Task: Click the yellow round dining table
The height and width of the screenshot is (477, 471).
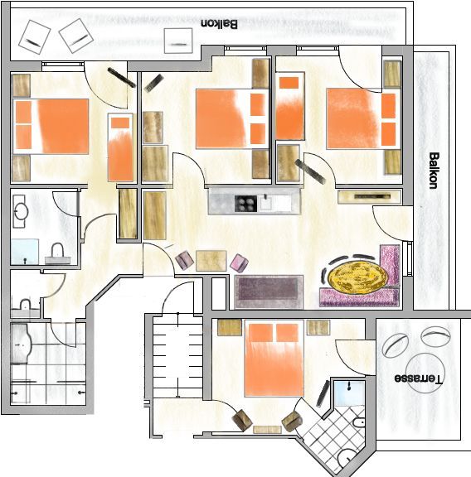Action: [357, 276]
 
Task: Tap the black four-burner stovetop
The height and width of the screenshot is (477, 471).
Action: [245, 204]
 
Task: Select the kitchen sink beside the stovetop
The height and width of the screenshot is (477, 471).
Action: [265, 203]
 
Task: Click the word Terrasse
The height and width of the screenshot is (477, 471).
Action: [418, 378]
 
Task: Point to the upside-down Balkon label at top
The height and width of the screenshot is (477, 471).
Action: [219, 24]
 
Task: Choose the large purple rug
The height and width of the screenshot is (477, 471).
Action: [269, 291]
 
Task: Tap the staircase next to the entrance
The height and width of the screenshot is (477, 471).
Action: [177, 357]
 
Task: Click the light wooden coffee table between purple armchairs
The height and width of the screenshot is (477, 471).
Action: [211, 261]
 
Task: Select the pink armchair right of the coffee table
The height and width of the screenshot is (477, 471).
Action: [239, 263]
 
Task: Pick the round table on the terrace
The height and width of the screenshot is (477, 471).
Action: [425, 373]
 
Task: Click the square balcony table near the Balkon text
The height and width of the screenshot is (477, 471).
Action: [178, 41]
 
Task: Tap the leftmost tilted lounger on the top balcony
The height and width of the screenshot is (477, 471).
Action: [34, 36]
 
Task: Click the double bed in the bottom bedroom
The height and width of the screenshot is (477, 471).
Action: [274, 358]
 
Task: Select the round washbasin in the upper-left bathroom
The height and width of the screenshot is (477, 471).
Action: [20, 211]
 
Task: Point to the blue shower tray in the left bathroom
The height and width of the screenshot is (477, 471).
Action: [25, 252]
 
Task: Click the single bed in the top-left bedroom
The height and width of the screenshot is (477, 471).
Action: [120, 147]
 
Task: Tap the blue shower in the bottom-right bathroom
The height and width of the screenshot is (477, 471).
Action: [349, 393]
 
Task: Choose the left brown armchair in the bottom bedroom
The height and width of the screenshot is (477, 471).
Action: [242, 420]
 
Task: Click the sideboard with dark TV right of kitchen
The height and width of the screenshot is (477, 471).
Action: [370, 196]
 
